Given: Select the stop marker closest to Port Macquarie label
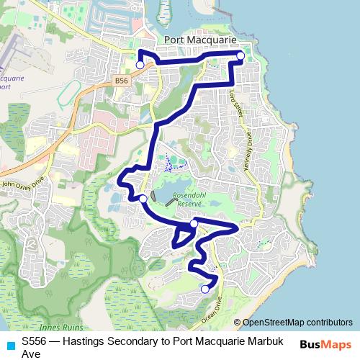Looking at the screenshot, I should click(240, 55).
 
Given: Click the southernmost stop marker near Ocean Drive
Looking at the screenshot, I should click(205, 289).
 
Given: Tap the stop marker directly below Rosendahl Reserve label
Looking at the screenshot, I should click(194, 225).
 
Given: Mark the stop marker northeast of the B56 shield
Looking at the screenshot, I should click(140, 65).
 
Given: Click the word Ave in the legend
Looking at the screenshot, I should click(31, 354).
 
